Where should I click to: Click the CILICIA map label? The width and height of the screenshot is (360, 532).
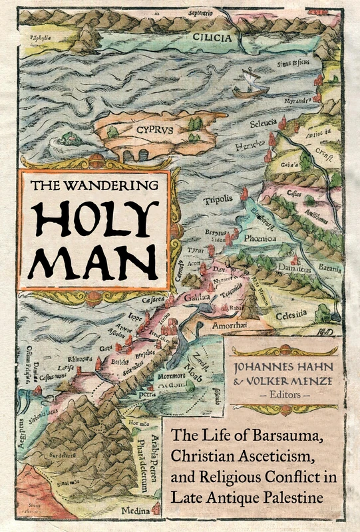pyautogui.click(x=213, y=38)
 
